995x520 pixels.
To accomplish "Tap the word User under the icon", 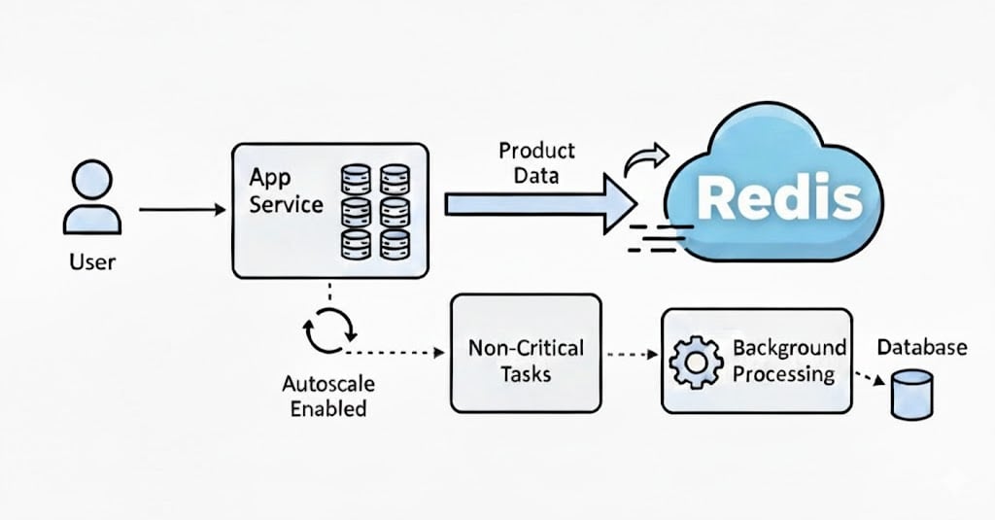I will click(x=93, y=261).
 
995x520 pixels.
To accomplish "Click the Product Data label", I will click(x=536, y=163).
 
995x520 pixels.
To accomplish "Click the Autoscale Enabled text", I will click(x=329, y=394).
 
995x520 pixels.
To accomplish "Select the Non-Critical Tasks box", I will click(x=526, y=360).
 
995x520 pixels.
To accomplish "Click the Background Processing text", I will click(x=788, y=361).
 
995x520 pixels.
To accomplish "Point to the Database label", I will click(x=922, y=347).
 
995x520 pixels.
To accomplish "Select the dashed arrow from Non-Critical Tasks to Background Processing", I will click(x=632, y=355).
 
